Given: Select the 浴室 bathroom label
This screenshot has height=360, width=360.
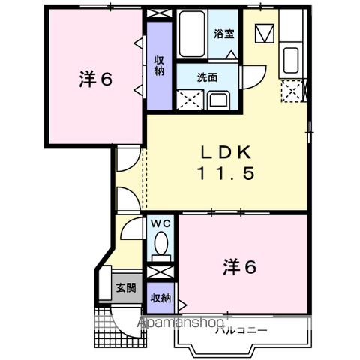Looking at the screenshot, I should coord(223,34).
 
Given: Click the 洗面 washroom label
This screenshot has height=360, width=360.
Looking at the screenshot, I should coord(207,76).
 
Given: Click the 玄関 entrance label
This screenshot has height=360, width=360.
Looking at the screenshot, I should coord(124,287).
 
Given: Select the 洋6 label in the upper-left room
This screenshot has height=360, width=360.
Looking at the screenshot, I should coord(95,79).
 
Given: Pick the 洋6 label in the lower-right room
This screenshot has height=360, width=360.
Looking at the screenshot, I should coord(240,265).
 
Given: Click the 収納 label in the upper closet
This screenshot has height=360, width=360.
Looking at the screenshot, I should coord(159,66).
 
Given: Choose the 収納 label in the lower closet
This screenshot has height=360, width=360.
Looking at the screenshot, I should coord(159,298).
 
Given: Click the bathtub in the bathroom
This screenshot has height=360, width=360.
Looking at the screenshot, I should coord(193,36).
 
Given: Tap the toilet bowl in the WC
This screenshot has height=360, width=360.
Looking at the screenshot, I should coord(160,243).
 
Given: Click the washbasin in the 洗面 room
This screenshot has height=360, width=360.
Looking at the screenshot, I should coord(219,100).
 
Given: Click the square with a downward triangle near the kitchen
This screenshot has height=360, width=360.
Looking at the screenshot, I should coord(263,34).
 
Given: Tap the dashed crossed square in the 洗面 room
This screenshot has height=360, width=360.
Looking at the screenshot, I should coord(190,98).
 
